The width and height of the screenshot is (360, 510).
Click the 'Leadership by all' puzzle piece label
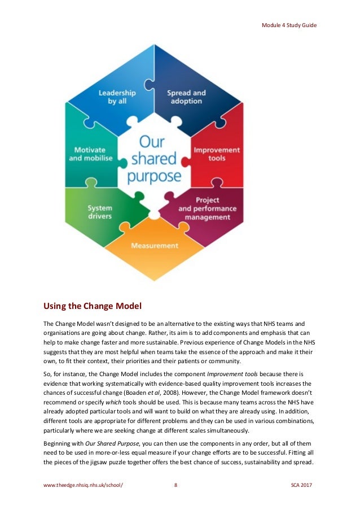[x=117, y=97]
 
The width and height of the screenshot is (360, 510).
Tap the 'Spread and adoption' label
[x=186, y=97]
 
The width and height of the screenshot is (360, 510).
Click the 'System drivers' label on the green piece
[x=99, y=212]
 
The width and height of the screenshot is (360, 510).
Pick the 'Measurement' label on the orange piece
[x=155, y=246]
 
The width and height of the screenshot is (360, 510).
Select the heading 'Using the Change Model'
[x=93, y=307]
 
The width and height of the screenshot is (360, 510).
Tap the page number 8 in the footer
[x=176, y=485]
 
